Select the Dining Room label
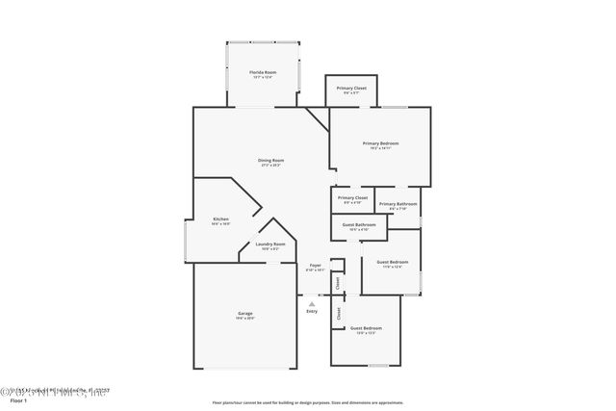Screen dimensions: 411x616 point(270,160)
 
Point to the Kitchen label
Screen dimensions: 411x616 point(220,219)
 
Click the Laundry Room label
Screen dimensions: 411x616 point(269,244)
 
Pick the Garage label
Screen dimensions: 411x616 point(245,314)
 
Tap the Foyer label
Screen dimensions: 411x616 point(315,265)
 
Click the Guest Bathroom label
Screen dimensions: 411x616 point(359,225)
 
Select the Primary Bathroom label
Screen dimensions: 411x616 point(398,203)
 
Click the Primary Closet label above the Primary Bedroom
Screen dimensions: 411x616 point(351,89)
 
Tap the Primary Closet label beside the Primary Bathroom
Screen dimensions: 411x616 point(352,197)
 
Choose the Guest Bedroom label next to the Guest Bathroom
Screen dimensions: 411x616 point(392,262)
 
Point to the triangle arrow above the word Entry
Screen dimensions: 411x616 point(311,303)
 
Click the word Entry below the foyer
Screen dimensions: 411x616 point(312,311)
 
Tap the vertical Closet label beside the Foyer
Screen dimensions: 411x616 point(338,283)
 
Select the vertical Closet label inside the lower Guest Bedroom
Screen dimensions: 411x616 point(338,314)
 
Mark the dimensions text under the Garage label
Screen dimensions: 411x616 point(245,318)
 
